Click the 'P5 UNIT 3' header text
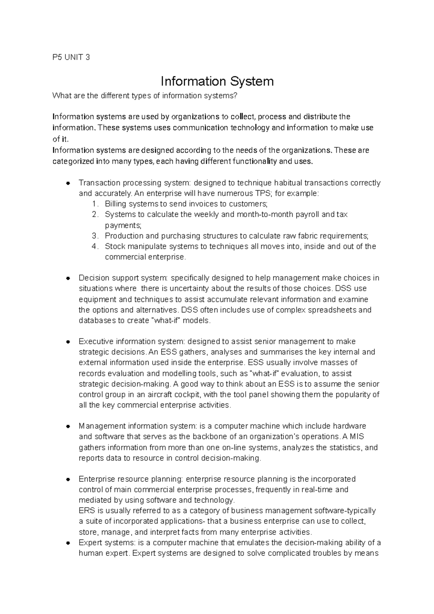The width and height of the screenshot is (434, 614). (71, 57)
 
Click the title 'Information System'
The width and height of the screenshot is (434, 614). (217, 81)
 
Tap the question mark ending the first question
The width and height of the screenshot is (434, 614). (237, 96)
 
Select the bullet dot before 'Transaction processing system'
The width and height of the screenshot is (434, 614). (68, 183)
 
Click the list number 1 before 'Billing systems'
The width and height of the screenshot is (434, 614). (95, 204)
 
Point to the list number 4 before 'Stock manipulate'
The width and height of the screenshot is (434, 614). (95, 247)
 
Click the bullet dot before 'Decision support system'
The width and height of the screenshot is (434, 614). (68, 278)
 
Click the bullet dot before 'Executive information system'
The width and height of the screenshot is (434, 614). (68, 342)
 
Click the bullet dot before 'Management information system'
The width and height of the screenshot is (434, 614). (68, 426)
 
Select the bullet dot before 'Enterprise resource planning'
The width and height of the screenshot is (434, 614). (68, 479)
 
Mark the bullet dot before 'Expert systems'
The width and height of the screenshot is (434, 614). (68, 543)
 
